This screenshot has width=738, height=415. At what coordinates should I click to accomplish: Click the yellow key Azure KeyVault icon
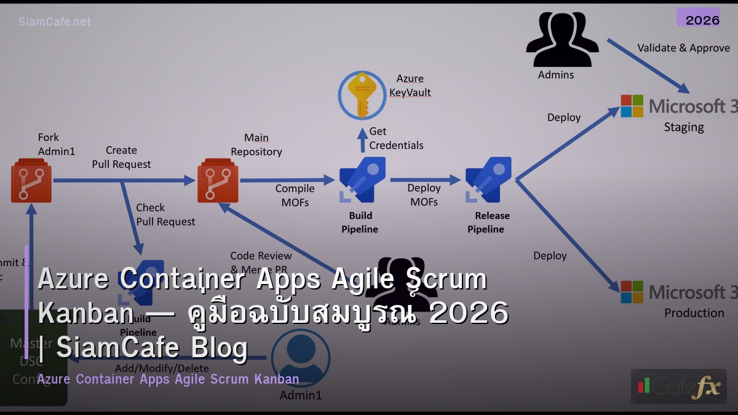[362, 95]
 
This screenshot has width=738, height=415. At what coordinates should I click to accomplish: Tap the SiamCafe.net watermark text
[55, 22]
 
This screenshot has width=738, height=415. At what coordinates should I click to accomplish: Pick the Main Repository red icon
[218, 181]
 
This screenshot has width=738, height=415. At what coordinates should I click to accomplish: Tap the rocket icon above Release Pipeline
[488, 180]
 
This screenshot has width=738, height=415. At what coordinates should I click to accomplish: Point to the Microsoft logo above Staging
[632, 106]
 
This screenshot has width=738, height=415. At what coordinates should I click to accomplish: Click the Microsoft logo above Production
[632, 292]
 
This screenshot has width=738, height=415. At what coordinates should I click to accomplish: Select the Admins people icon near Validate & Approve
[562, 39]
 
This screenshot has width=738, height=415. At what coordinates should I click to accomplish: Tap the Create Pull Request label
[121, 157]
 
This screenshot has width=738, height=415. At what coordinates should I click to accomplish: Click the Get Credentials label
[396, 138]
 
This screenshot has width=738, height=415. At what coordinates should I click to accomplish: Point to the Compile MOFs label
[295, 195]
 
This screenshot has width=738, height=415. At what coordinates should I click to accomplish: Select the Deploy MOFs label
[424, 194]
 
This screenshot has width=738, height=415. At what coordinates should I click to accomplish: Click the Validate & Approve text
[683, 48]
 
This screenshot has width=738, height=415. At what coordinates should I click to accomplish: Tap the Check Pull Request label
[165, 215]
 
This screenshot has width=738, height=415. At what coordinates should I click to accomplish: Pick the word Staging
[684, 127]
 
